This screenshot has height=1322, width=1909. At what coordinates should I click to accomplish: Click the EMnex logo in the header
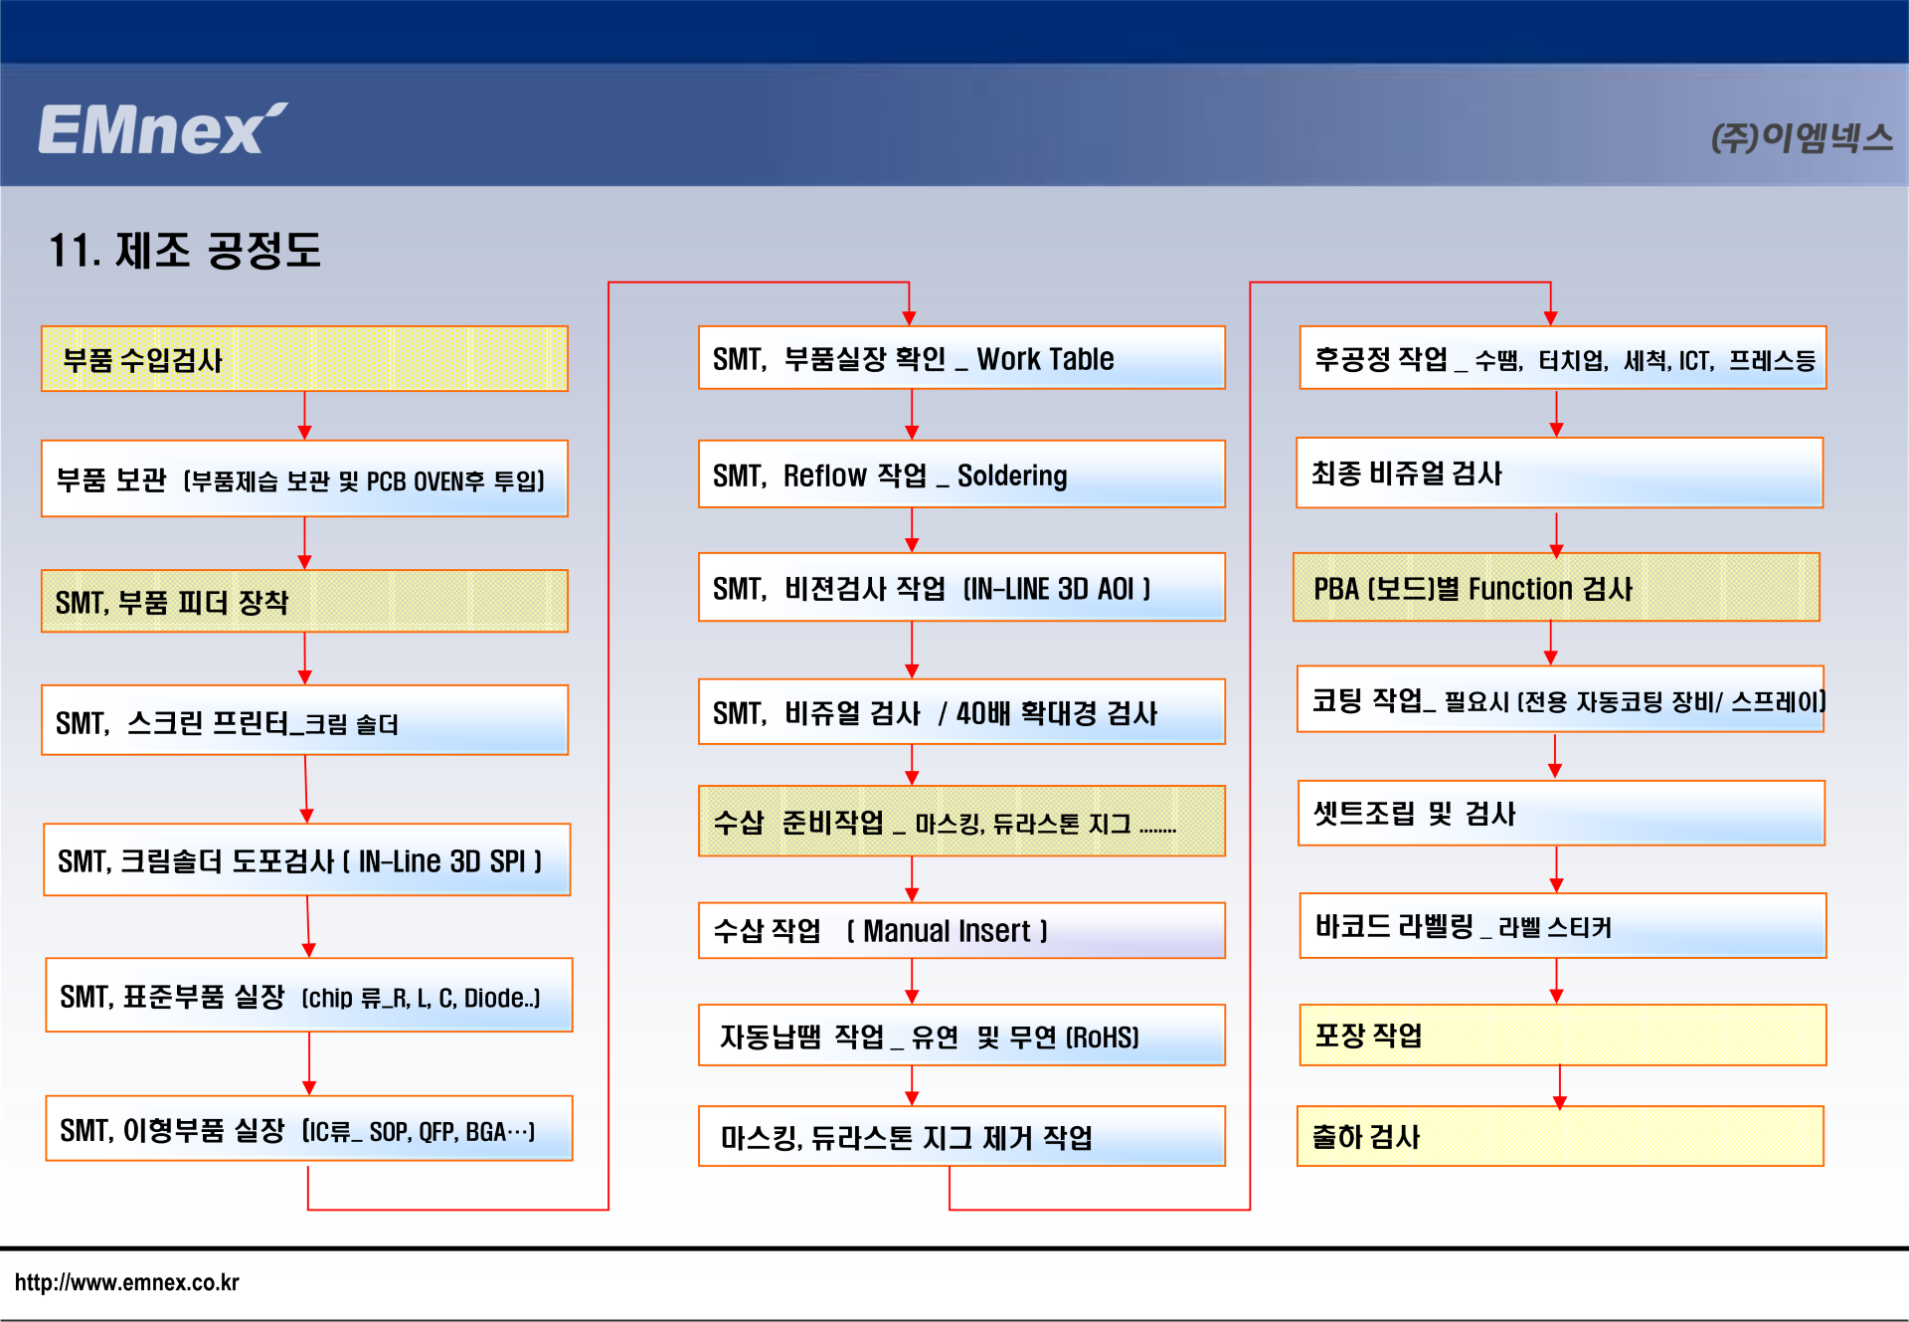(x=163, y=128)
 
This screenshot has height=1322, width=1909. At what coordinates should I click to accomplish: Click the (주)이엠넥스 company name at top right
(x=1801, y=137)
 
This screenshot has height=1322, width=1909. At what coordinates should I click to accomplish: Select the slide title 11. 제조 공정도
(x=185, y=250)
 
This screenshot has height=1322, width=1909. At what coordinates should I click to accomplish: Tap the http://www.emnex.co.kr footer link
(x=127, y=1282)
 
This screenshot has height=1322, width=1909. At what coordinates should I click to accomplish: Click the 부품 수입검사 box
(x=304, y=359)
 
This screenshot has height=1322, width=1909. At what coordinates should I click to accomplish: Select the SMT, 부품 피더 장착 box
(x=304, y=601)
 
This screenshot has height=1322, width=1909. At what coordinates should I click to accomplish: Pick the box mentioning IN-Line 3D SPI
(x=306, y=859)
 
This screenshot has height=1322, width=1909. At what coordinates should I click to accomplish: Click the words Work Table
(x=1045, y=358)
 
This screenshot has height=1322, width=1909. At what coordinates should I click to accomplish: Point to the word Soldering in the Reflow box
(x=1012, y=475)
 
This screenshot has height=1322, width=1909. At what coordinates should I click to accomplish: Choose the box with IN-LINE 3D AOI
(x=961, y=587)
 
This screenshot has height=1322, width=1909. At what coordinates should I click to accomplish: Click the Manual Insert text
(x=947, y=931)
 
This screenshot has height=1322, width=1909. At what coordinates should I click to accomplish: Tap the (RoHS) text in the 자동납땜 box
(x=1103, y=1038)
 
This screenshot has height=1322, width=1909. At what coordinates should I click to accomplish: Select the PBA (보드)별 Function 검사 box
(x=1556, y=587)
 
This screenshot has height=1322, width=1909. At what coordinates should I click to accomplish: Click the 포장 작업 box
(x=1562, y=1035)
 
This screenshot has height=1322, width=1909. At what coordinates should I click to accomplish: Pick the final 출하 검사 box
(x=1560, y=1136)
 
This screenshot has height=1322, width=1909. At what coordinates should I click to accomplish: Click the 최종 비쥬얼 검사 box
(x=1559, y=472)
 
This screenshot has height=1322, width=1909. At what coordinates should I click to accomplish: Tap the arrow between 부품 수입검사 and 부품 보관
(x=304, y=416)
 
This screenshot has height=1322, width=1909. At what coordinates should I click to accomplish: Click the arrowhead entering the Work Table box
(x=909, y=318)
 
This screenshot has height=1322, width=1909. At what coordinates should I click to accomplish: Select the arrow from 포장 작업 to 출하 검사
(x=1559, y=1087)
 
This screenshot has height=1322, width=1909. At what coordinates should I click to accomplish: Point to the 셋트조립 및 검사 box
(x=1561, y=813)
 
